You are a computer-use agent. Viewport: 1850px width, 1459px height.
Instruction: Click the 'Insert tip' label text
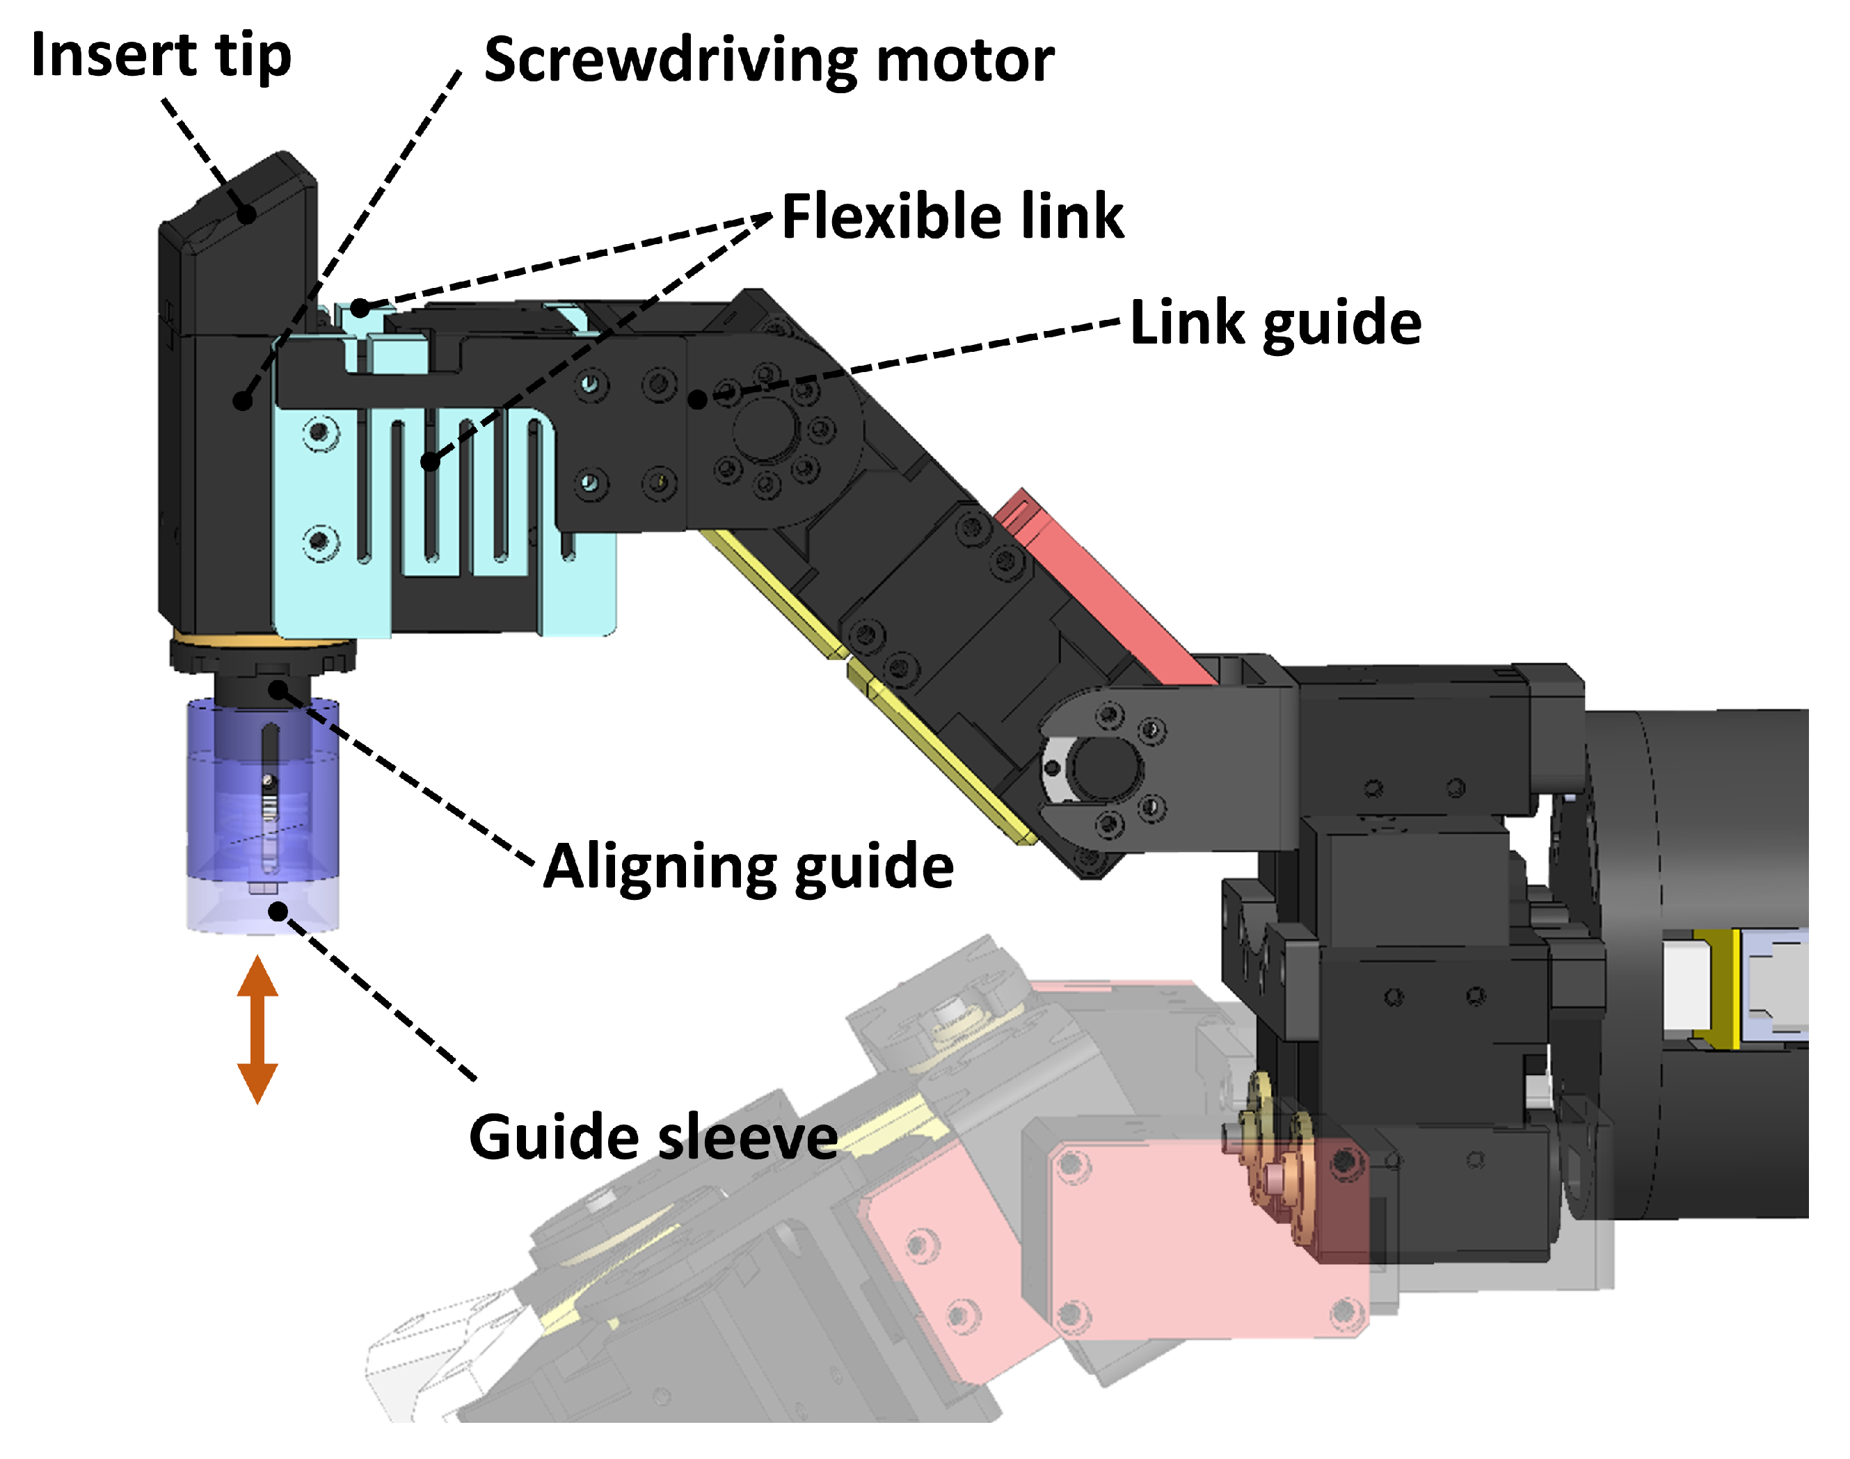[161, 56]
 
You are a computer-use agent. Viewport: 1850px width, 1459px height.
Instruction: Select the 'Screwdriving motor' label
[768, 61]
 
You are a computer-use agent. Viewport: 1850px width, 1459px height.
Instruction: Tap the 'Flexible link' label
[952, 216]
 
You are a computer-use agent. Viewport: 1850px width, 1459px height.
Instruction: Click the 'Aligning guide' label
[749, 867]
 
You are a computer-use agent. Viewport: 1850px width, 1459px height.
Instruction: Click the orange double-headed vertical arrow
[257, 1029]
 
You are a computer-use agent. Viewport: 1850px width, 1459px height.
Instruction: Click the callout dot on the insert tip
[247, 213]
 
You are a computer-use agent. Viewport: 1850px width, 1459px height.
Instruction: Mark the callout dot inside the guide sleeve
[278, 912]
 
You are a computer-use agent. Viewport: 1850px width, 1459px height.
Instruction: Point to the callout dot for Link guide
[698, 398]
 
